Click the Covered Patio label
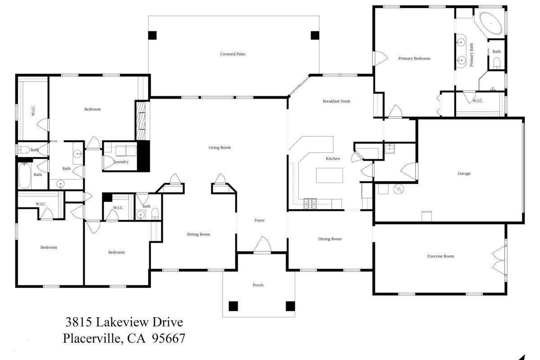point(233,54)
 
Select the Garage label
point(464,173)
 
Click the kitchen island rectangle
point(329,175)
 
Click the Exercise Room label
point(441,256)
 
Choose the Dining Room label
point(330,239)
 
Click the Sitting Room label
point(198,234)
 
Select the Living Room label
point(220,148)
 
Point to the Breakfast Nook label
point(336,101)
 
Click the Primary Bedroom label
point(414,58)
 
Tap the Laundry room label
point(121,162)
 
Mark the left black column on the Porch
point(233,306)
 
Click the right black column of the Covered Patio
point(315,35)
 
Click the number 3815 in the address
point(79,322)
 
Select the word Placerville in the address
point(92,338)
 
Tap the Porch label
point(258,285)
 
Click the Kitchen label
point(333,158)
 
